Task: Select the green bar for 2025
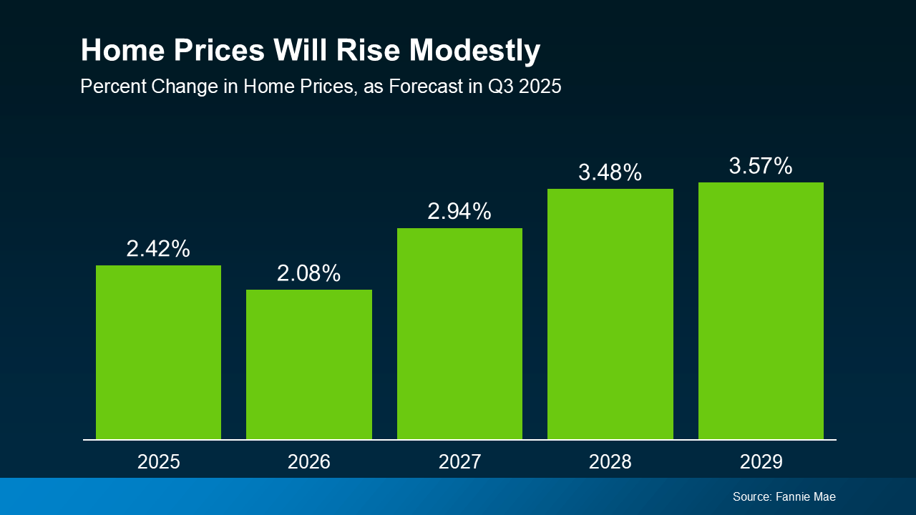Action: [158, 352]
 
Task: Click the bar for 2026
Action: [309, 364]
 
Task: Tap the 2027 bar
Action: [459, 333]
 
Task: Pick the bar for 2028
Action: [610, 313]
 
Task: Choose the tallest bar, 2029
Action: [761, 310]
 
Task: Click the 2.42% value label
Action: [158, 249]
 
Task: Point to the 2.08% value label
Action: [309, 273]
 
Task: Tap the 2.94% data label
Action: [459, 212]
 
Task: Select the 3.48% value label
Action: [610, 172]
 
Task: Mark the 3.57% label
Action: [761, 166]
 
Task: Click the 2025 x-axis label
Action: [159, 461]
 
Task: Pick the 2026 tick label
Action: [309, 461]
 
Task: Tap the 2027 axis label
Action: [460, 461]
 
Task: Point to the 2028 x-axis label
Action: [610, 461]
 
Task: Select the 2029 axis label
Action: [761, 461]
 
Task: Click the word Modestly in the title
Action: [474, 51]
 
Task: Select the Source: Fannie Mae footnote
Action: [784, 496]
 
